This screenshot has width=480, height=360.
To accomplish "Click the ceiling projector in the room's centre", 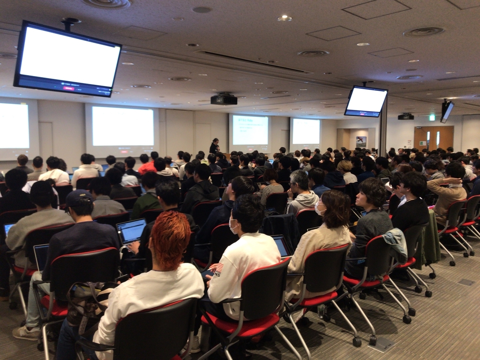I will click(x=224, y=99).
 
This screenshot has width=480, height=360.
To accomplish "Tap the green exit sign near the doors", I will click(x=432, y=118).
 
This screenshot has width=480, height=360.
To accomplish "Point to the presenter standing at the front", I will click(x=214, y=146).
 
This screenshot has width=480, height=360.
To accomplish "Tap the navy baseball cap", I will click(x=78, y=198).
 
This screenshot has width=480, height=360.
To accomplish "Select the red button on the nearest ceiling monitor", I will click(x=68, y=88).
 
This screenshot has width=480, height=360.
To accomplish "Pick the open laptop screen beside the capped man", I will click(x=131, y=231).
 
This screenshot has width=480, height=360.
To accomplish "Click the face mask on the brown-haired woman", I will click(x=319, y=209).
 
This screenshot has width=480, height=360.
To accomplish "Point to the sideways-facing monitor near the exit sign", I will click(x=447, y=111).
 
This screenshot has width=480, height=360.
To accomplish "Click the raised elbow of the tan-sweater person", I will click(x=434, y=184).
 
